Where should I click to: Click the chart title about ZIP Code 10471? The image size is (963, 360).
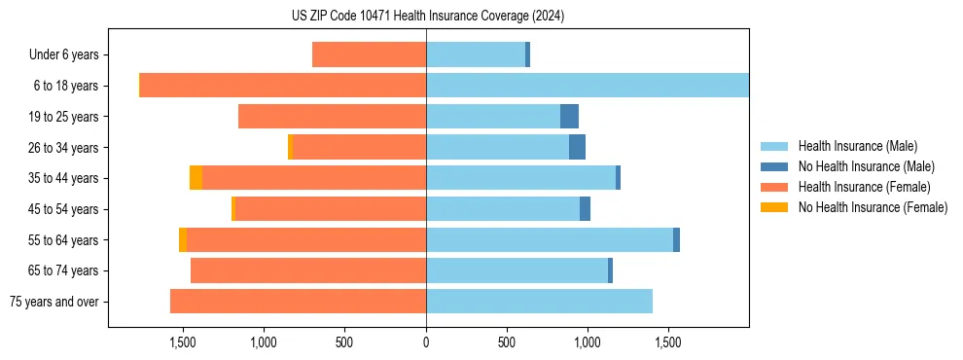coord(428,16)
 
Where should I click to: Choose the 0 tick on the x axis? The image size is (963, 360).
coord(426,343)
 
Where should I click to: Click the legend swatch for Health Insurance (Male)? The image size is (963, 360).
coord(775,146)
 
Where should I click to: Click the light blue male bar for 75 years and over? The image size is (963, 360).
coord(539,302)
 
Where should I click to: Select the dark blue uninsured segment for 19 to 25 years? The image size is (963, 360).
coord(569,117)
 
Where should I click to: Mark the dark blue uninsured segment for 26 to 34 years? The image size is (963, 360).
coord(577,147)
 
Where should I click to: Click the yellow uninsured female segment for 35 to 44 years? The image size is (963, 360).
coord(196,178)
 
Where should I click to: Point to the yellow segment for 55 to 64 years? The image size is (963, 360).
coord(183,239)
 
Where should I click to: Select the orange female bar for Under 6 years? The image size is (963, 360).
coord(369,55)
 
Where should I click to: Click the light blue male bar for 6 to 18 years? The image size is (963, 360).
coord(588,86)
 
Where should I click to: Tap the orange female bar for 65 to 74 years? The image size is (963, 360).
coord(308,270)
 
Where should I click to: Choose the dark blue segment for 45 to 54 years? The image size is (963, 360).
coord(585,209)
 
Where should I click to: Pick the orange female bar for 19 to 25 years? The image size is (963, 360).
coord(332,117)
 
